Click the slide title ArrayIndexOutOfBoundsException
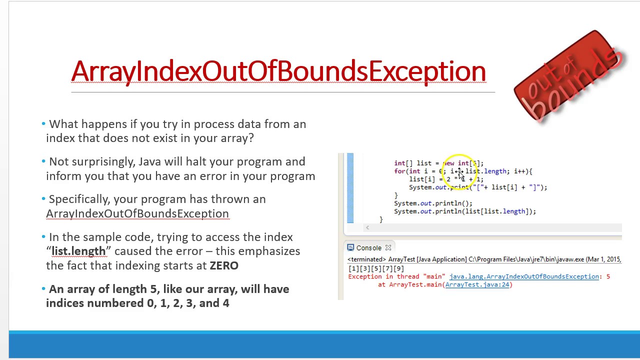click(278, 71)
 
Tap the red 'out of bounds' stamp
click(569, 76)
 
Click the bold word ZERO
click(224, 265)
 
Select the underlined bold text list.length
click(78, 251)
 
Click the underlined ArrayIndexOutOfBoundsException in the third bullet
click(137, 213)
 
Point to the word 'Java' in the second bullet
click(150, 161)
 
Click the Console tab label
click(368, 248)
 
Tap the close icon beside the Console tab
click(388, 248)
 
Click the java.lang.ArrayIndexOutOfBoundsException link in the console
click(524, 276)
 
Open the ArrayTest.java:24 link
click(477, 284)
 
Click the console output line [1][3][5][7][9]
click(376, 268)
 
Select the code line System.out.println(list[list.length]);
click(464, 211)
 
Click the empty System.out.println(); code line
click(433, 203)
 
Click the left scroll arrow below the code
click(367, 227)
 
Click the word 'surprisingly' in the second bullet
click(103, 161)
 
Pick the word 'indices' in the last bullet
click(65, 303)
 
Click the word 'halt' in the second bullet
click(196, 161)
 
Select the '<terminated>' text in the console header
click(366, 259)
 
